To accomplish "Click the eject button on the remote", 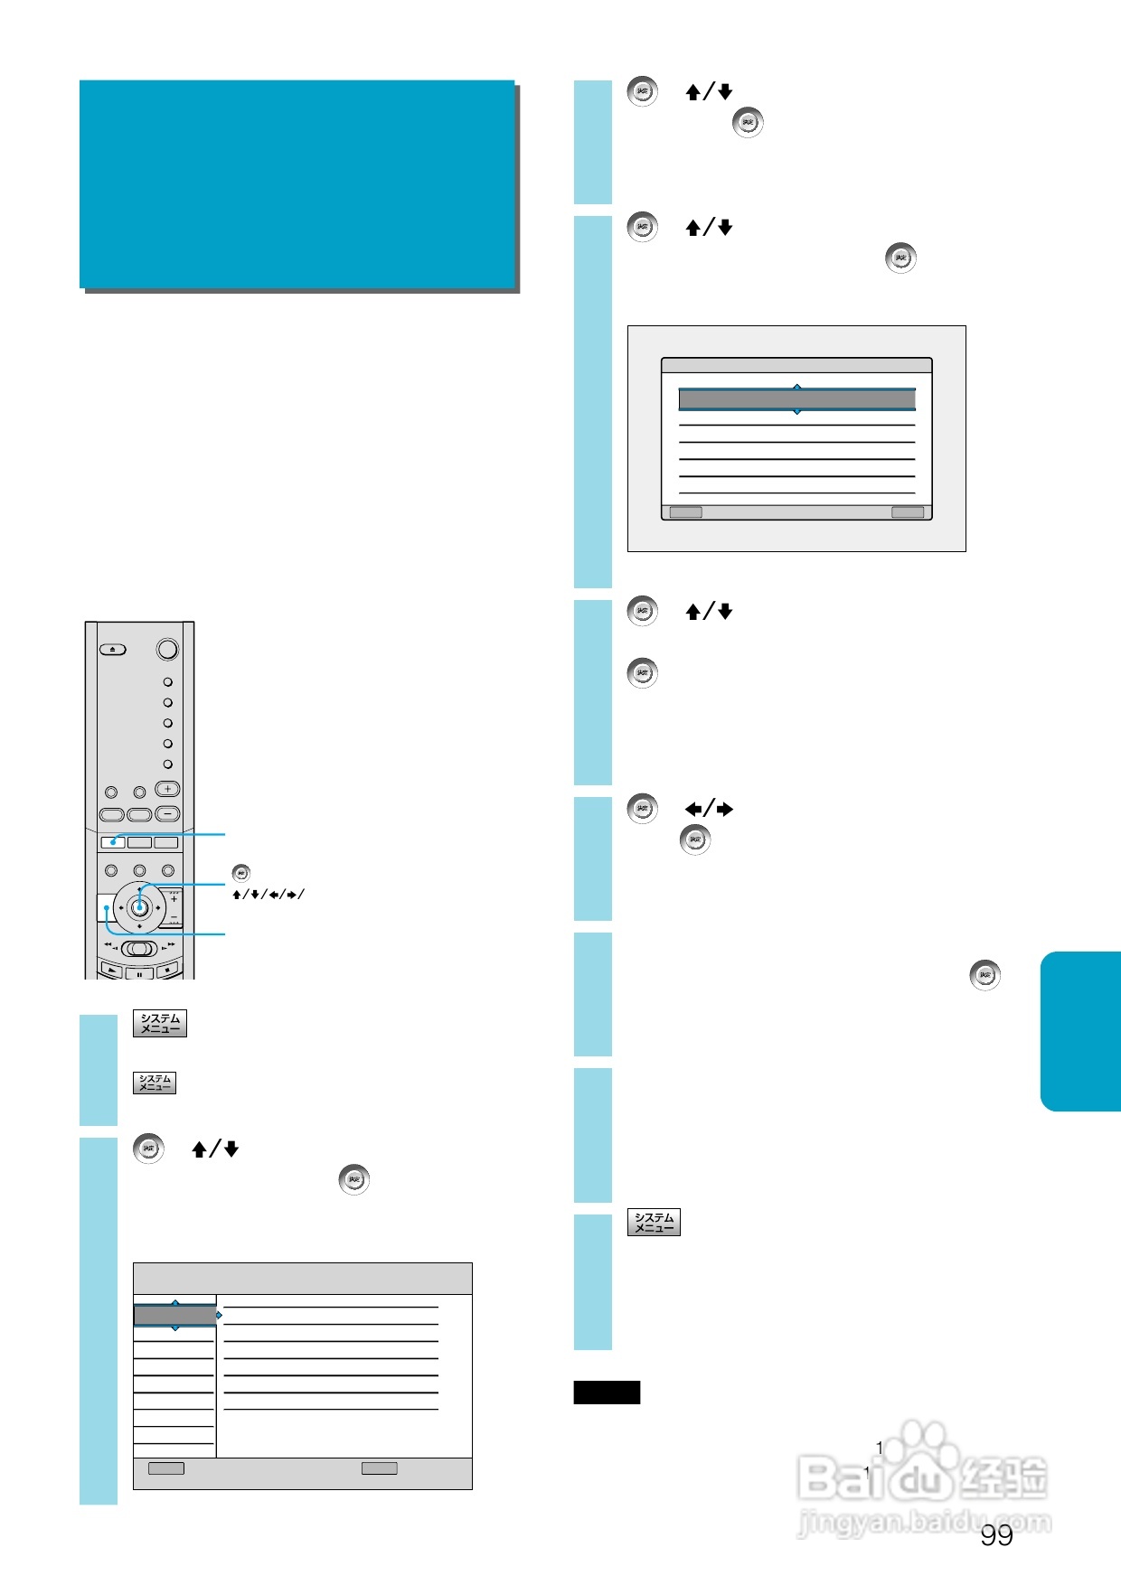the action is pyautogui.click(x=113, y=649).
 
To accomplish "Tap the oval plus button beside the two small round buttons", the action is pyautogui.click(x=167, y=789).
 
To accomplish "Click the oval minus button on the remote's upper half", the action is pyautogui.click(x=167, y=813).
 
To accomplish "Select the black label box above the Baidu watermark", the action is pyautogui.click(x=607, y=1393).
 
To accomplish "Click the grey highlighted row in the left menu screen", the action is pyautogui.click(x=175, y=1316).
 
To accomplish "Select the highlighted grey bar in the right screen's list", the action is pyautogui.click(x=796, y=399).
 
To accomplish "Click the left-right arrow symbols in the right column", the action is pyautogui.click(x=709, y=809).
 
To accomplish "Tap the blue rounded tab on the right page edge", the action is pyautogui.click(x=1081, y=1031).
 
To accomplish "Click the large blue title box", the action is pyautogui.click(x=297, y=184).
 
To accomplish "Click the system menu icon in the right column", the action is pyautogui.click(x=654, y=1223).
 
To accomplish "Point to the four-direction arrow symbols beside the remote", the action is pyautogui.click(x=268, y=895).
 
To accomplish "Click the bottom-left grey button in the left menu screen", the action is pyautogui.click(x=166, y=1468).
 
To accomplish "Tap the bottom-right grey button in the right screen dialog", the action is pyautogui.click(x=908, y=512).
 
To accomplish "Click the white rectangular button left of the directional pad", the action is pyautogui.click(x=105, y=907).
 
